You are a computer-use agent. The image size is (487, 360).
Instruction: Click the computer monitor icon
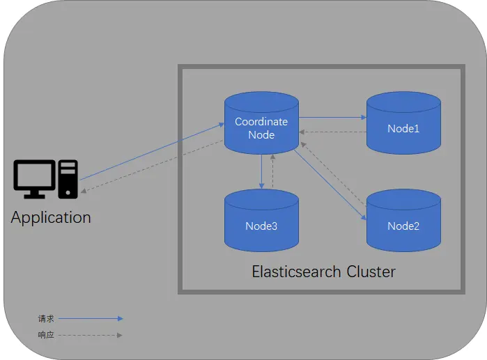(34, 178)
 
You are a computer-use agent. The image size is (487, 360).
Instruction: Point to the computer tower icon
(68, 178)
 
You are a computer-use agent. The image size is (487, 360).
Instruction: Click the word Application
(51, 217)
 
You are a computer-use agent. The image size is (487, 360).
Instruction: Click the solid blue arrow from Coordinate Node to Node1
(333, 118)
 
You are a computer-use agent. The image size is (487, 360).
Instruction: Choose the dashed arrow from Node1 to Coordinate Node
(333, 132)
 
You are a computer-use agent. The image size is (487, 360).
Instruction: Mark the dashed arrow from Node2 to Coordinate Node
(335, 171)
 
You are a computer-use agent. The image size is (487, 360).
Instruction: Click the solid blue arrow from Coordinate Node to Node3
(261, 171)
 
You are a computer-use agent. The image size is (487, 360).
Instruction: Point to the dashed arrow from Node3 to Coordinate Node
(272, 171)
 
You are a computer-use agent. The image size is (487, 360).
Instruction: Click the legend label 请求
(45, 319)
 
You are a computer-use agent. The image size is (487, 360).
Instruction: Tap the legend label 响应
(45, 335)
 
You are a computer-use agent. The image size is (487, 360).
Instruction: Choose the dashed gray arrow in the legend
(91, 335)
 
